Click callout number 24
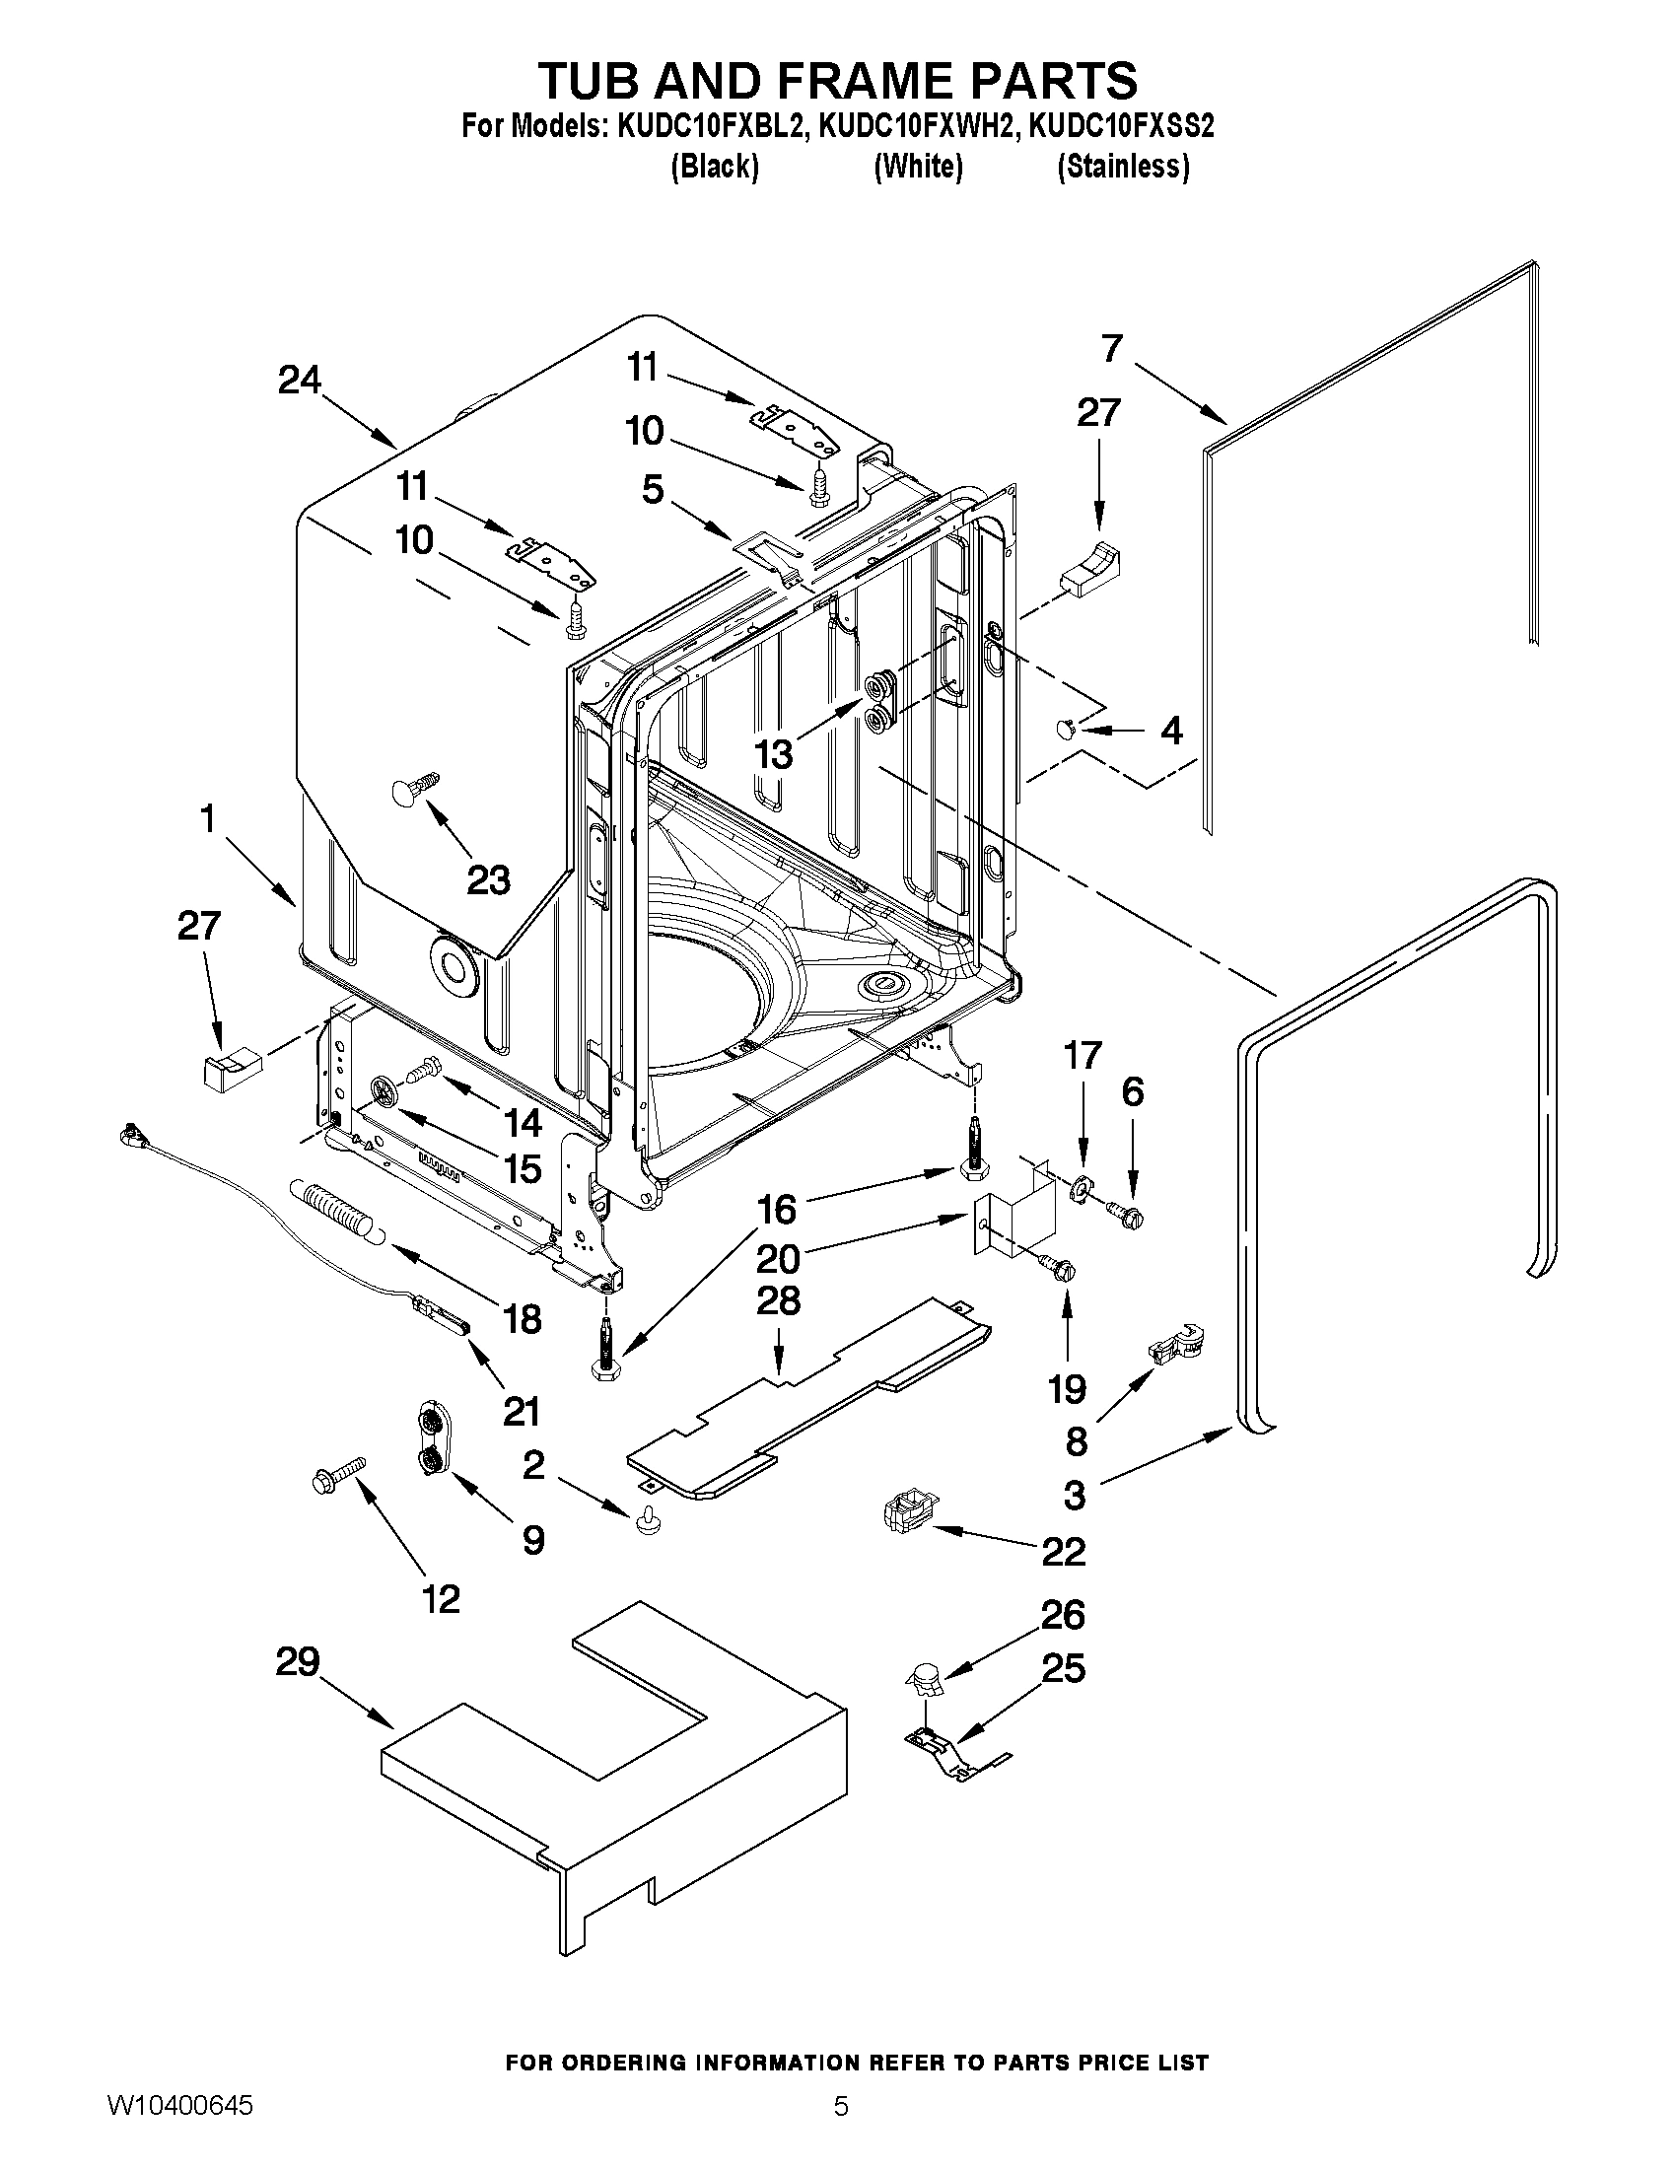click(299, 380)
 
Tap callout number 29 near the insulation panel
click(297, 1661)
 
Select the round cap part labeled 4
click(1064, 731)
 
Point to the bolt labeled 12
click(338, 1474)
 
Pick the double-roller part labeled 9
click(430, 1441)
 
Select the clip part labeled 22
click(906, 1514)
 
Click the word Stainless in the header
click(1123, 166)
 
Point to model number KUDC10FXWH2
click(917, 126)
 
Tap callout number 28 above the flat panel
click(778, 1299)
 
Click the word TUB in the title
click(608, 80)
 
